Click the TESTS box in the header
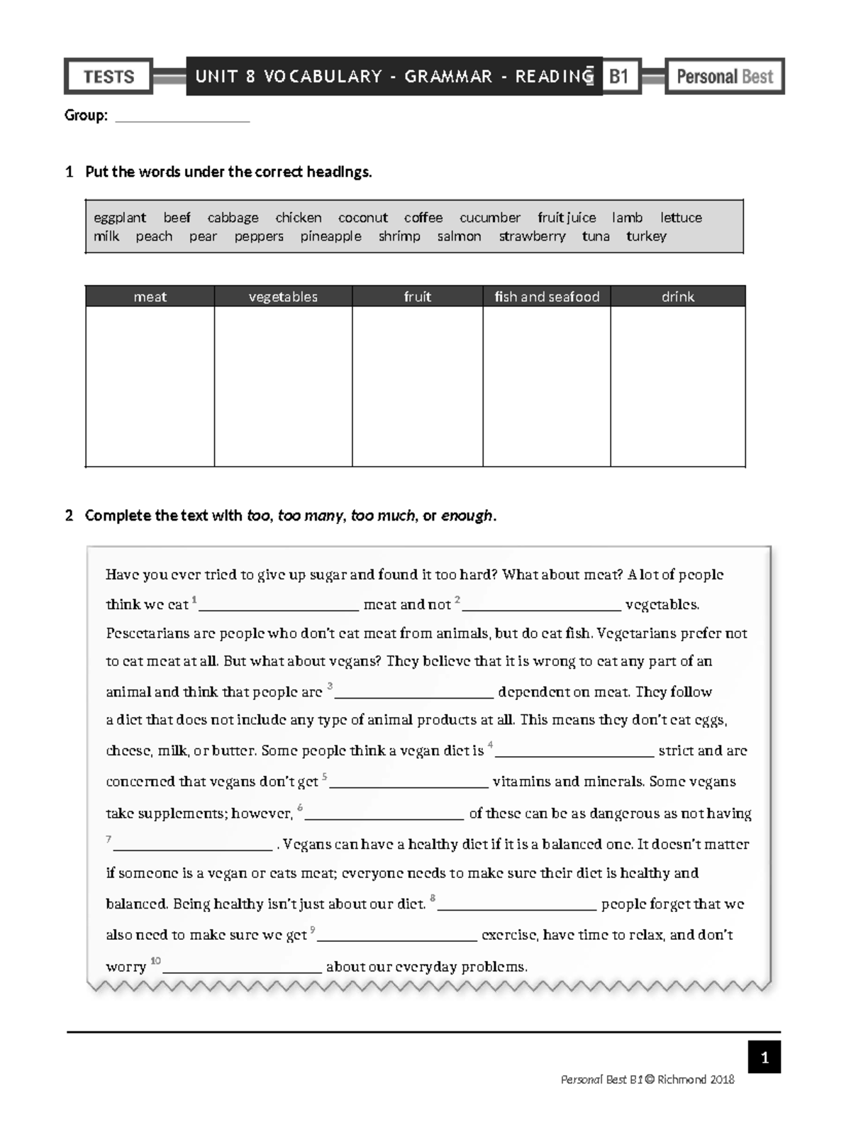tap(109, 77)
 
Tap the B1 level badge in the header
tap(619, 76)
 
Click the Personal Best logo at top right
tap(724, 77)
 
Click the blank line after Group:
tap(182, 117)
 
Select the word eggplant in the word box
tap(120, 218)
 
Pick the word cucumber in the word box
tap(489, 218)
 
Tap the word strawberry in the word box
tap(532, 236)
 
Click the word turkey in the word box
tap(646, 236)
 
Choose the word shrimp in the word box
tap(399, 236)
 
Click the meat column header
tap(150, 296)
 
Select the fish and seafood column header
tap(547, 296)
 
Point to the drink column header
tap(677, 296)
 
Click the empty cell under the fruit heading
tap(417, 387)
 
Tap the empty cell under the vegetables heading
tap(283, 387)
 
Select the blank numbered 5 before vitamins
tap(409, 782)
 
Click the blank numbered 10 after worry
tap(243, 967)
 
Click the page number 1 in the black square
tap(764, 1058)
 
